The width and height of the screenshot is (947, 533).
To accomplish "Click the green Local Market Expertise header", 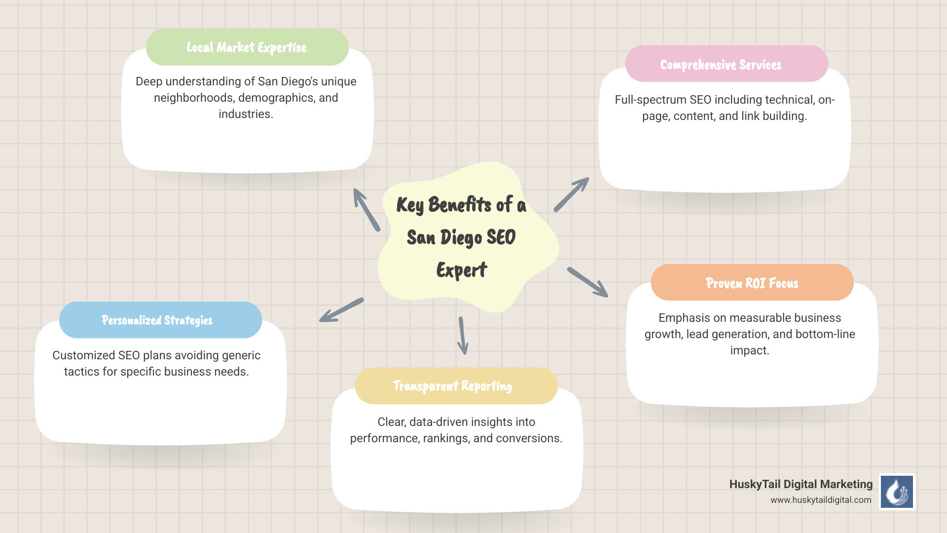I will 247,47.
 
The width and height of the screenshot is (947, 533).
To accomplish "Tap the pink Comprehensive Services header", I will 726,64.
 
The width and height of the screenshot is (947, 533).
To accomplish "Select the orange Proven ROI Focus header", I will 752,283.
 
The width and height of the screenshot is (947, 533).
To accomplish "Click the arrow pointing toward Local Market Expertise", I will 366,209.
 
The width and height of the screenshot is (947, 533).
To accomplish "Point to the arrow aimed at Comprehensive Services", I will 571,194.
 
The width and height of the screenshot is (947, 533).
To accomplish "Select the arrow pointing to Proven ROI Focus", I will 587,282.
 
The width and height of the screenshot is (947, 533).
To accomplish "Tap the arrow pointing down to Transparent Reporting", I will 463,336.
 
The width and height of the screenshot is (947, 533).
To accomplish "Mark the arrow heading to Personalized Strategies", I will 341,310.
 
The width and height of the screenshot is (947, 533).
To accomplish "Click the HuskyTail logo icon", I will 897,492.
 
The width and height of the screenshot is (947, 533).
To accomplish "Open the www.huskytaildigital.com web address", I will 821,500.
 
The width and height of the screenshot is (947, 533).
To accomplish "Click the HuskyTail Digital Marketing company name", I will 801,484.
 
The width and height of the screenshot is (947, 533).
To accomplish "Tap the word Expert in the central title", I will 462,270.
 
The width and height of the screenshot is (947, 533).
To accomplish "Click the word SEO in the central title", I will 501,237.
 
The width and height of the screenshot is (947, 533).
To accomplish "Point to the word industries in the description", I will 245,114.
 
